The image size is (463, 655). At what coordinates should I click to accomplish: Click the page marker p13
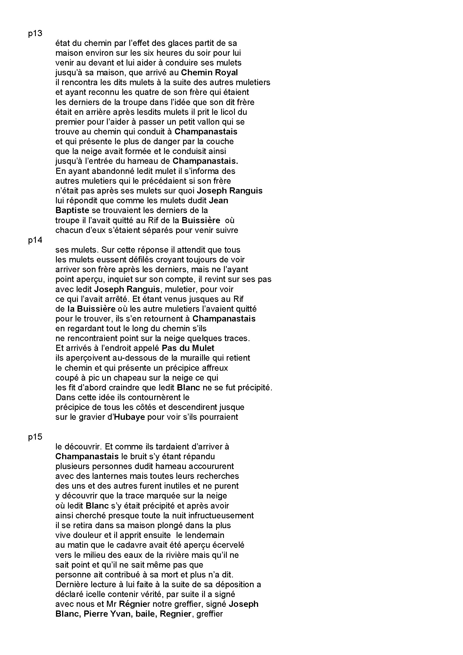tap(35, 34)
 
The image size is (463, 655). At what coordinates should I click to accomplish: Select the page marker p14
tap(35, 240)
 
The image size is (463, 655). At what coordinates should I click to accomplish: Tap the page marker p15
tap(35, 437)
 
